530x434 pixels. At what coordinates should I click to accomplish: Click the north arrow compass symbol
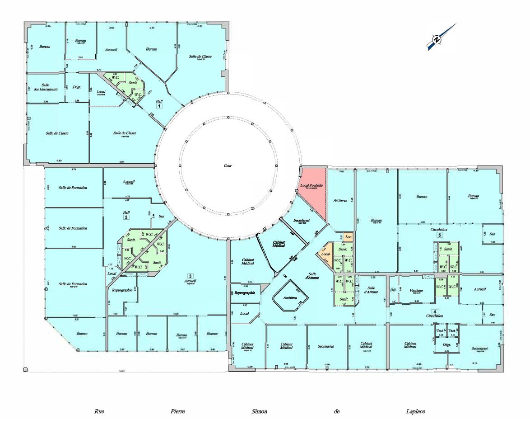tap(437, 40)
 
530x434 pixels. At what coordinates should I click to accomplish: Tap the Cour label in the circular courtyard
tap(228, 165)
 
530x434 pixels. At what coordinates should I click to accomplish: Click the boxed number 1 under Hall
tap(159, 105)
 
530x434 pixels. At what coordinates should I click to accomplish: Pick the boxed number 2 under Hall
tap(126, 217)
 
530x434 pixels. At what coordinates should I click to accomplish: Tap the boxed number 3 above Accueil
tap(191, 275)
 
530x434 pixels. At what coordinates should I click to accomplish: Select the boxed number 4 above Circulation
tap(435, 311)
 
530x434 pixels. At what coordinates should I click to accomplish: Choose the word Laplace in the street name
tap(415, 412)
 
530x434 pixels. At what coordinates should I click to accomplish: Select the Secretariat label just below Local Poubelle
tap(301, 220)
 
